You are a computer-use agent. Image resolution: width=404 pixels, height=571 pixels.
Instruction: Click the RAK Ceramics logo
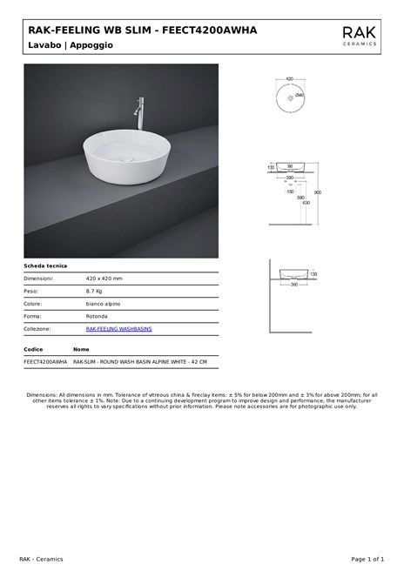point(360,35)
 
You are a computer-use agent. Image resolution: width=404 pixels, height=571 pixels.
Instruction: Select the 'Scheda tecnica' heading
point(45,265)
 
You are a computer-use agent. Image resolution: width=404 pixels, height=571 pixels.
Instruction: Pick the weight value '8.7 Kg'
point(94,291)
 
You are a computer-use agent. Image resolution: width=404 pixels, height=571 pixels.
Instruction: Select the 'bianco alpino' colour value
point(103,304)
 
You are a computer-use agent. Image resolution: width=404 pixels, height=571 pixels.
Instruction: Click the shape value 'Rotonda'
point(97,316)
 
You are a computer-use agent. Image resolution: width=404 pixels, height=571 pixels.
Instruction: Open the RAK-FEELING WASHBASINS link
point(118,329)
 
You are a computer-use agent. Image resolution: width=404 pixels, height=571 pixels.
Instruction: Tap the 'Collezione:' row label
point(37,329)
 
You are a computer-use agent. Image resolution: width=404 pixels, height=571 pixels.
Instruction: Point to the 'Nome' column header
point(81,348)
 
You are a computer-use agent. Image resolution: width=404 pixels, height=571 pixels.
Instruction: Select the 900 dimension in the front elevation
point(318,192)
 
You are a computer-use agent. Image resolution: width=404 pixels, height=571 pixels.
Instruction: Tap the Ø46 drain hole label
point(299,94)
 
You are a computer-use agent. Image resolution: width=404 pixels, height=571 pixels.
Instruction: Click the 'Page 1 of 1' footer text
point(367,558)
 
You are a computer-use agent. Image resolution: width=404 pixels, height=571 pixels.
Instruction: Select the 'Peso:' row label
point(31,291)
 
